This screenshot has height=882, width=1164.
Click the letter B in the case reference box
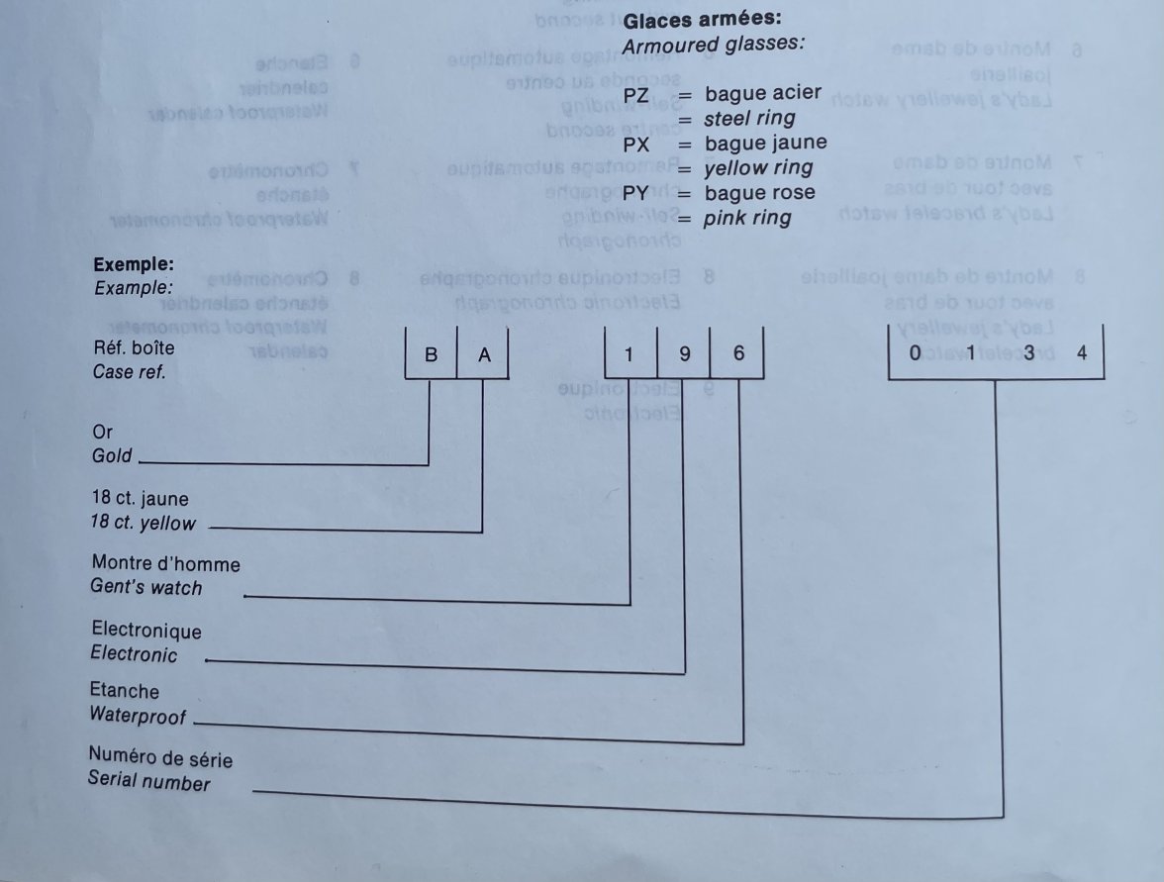tap(431, 355)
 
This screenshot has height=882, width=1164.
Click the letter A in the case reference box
tap(483, 355)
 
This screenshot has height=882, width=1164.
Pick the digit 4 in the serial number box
tap(1081, 353)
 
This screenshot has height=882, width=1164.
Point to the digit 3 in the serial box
tap(1028, 353)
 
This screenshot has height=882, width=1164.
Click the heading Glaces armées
tap(702, 19)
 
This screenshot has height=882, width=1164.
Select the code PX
tap(636, 144)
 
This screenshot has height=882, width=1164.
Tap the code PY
tap(636, 193)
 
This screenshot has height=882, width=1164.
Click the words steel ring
tap(750, 119)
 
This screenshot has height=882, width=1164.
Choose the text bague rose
tap(759, 192)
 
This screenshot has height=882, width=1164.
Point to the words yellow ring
tap(758, 167)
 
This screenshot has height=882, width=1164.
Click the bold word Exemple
tap(133, 265)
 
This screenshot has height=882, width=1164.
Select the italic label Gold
tap(112, 456)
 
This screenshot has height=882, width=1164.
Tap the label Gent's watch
tap(146, 588)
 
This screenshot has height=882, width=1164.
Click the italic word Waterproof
tap(138, 714)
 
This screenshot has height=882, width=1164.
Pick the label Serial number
tap(148, 782)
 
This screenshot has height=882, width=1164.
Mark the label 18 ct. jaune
tap(139, 500)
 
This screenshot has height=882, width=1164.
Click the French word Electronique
tap(145, 631)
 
